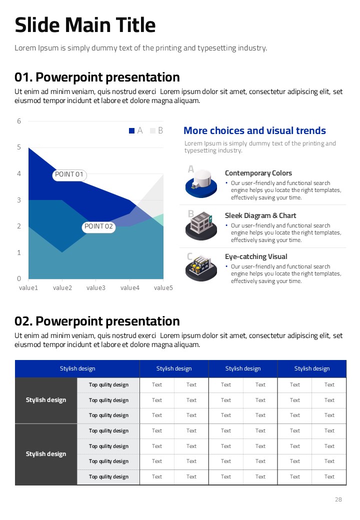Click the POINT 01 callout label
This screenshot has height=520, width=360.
69,174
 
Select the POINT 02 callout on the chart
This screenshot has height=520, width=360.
99,226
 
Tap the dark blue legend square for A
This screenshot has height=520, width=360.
132,130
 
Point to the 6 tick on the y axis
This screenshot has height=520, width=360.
19,121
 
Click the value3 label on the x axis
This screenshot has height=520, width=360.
96,287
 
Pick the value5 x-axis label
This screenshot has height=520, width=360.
163,287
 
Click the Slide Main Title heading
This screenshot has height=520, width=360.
85,25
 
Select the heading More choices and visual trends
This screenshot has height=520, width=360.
254,130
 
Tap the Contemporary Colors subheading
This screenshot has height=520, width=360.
258,173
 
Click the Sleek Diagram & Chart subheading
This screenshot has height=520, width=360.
260,215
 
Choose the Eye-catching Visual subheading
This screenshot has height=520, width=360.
256,256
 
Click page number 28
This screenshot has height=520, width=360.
338,499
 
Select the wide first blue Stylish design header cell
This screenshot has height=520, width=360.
77,368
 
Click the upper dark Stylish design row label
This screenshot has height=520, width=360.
46,400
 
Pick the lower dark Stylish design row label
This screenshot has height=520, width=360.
46,454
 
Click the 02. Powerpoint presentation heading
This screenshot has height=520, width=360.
97,321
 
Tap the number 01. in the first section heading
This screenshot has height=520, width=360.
23,77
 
